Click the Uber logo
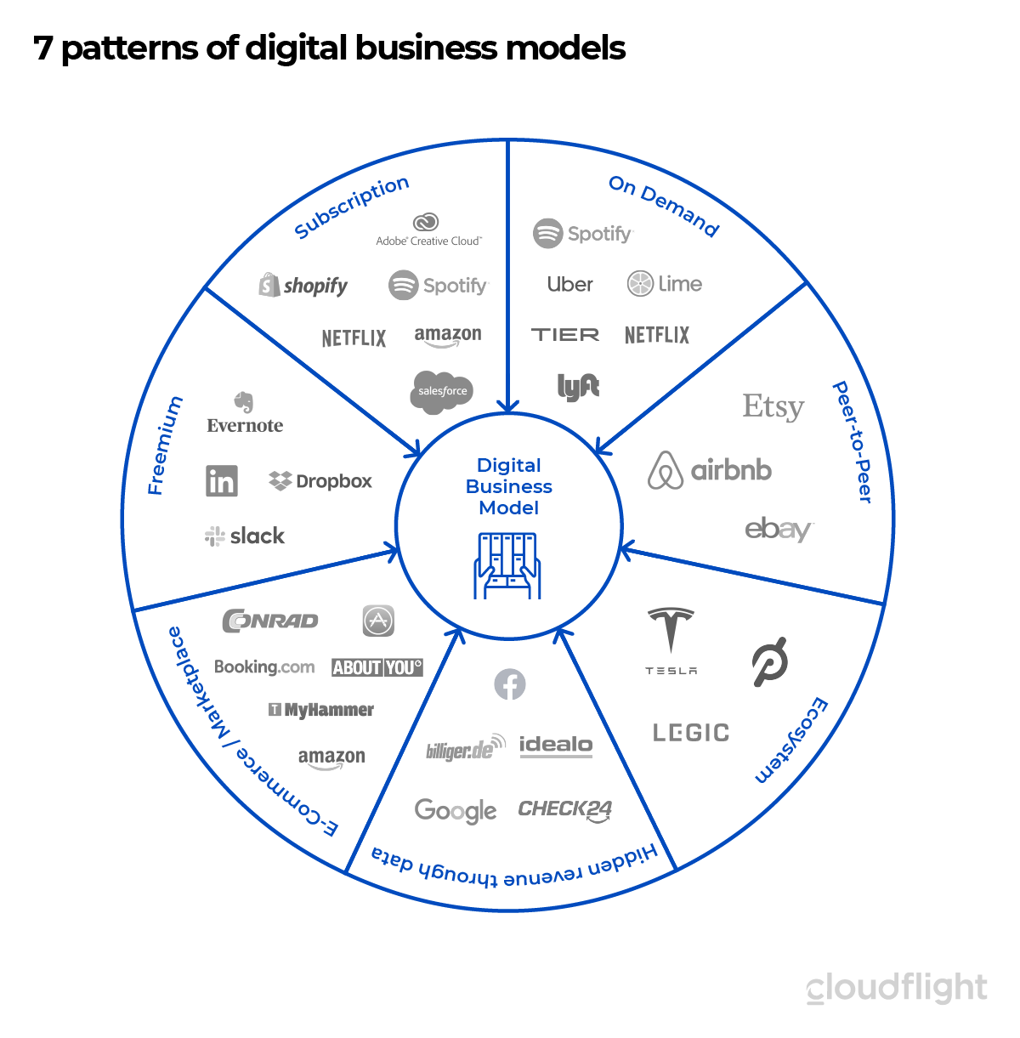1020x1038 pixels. [x=569, y=284]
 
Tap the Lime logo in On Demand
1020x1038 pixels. [x=665, y=284]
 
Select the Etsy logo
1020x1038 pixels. [x=773, y=407]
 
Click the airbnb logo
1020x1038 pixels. [x=710, y=470]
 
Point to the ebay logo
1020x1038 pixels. [x=779, y=530]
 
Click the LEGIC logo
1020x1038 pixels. [x=690, y=733]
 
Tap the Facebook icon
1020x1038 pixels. [x=510, y=684]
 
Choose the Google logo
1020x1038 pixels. [x=456, y=811]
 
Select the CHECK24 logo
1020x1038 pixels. [x=565, y=809]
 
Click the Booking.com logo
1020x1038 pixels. [x=264, y=667]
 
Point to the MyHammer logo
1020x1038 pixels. [x=321, y=710]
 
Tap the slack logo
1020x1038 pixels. [x=245, y=536]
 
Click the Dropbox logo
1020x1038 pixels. [x=320, y=481]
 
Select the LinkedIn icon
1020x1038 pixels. [x=222, y=481]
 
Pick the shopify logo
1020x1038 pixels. [x=303, y=286]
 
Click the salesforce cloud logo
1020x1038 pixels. [x=442, y=391]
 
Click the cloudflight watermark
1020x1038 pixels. [x=897, y=989]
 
